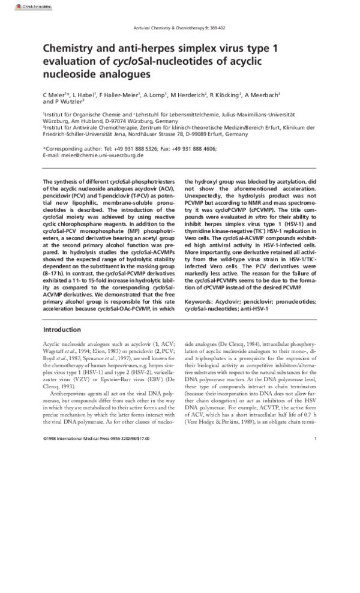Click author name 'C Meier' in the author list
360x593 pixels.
point(55,95)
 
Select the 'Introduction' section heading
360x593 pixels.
point(62,330)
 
